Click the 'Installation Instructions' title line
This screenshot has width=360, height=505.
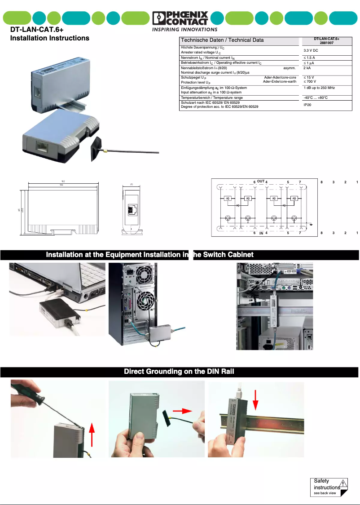pyautogui.click(x=50, y=38)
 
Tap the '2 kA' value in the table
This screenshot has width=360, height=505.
pyautogui.click(x=307, y=68)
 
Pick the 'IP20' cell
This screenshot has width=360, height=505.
pyautogui.click(x=307, y=104)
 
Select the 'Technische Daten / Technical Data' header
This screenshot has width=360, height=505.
pyautogui.click(x=222, y=40)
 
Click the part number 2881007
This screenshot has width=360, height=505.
pyautogui.click(x=326, y=43)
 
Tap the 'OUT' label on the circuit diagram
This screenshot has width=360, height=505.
pyautogui.click(x=261, y=181)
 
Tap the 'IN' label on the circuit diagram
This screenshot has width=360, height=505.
pyautogui.click(x=261, y=233)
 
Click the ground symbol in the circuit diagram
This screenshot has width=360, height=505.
pyautogui.click(x=311, y=223)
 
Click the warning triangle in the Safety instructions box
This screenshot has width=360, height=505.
pyautogui.click(x=343, y=484)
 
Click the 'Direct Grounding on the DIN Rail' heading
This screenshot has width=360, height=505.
pyautogui.click(x=179, y=372)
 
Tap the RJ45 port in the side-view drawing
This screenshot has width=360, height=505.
pyautogui.click(x=133, y=209)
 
